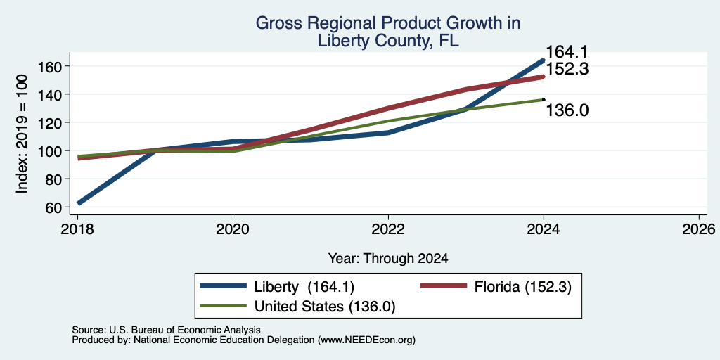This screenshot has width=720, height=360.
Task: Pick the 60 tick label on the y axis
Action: coord(53,207)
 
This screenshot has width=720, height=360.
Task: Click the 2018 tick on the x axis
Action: coord(77,229)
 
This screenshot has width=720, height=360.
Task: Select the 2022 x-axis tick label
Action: coord(388,229)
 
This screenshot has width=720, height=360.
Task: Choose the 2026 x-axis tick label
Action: coord(699,229)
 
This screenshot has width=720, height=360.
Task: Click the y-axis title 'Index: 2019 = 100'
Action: coord(22,134)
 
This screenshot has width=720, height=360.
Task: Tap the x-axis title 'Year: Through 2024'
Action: coord(388,259)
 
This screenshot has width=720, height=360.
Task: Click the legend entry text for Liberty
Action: coord(304,287)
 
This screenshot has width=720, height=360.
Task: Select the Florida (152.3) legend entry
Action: coord(522,287)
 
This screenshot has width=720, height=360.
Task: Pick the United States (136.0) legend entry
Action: coord(324,307)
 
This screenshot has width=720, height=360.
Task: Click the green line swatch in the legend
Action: coord(224,307)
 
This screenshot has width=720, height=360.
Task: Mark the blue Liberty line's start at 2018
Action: coord(79,202)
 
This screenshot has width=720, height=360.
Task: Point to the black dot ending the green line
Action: coord(544,100)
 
